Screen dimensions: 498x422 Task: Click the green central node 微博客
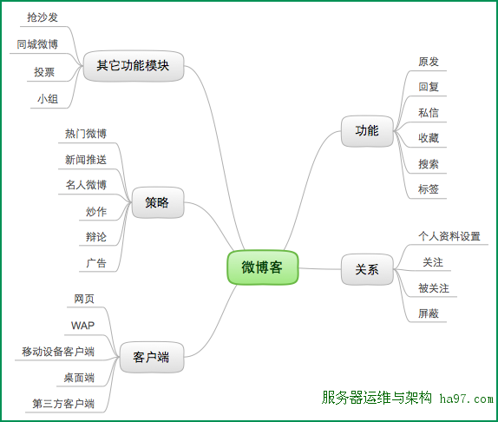(263, 267)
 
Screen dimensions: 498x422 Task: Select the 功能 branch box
(367, 131)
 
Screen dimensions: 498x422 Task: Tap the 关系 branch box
(367, 269)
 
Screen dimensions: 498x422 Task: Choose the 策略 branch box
(158, 202)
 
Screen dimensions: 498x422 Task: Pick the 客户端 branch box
(152, 357)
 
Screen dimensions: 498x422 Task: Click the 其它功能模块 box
(134, 66)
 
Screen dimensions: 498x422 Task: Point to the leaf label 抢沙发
(43, 17)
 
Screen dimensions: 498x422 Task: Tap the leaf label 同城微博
(37, 44)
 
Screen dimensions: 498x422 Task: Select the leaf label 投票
(44, 72)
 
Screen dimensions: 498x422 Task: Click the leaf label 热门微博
(86, 134)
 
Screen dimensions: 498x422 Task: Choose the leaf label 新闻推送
(86, 159)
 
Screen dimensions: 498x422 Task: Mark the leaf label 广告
(96, 263)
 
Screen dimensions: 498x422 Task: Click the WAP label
(83, 326)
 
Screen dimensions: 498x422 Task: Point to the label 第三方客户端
(63, 404)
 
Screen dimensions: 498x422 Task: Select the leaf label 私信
(429, 113)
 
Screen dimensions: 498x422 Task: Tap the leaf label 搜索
(429, 164)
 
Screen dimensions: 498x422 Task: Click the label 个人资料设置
(449, 236)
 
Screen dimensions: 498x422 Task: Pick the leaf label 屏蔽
(429, 313)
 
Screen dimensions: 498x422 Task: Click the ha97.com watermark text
(467, 399)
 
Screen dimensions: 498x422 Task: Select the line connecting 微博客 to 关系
(320, 269)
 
